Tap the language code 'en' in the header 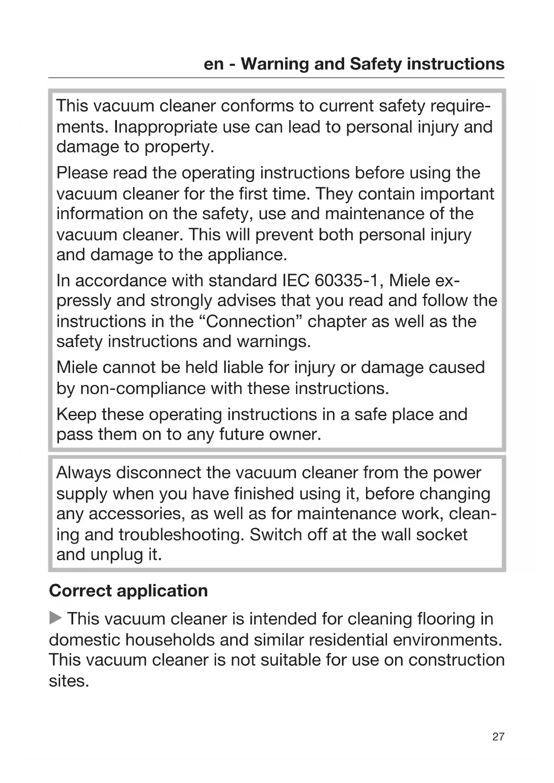tap(213, 64)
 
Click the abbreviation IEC tap(296, 281)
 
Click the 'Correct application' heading tap(129, 591)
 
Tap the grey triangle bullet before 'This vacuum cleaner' tap(55, 619)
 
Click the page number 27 tap(498, 737)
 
